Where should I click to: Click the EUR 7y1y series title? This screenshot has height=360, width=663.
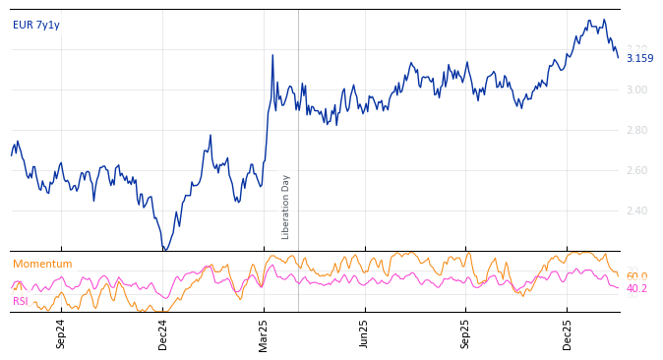(x=36, y=26)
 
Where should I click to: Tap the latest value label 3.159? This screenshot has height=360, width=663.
(x=639, y=58)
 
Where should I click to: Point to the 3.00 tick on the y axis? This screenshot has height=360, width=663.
(x=637, y=90)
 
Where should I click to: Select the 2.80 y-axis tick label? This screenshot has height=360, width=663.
(x=637, y=131)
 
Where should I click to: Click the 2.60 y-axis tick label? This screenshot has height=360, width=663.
(x=637, y=171)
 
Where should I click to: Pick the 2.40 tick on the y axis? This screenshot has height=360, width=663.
(x=637, y=211)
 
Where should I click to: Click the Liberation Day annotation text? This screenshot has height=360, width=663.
(x=286, y=207)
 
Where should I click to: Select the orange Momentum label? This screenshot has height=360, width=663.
(x=42, y=265)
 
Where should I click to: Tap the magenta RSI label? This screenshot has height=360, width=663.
(x=21, y=302)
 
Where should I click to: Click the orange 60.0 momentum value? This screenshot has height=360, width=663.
(x=636, y=277)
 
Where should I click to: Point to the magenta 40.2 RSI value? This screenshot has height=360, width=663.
(x=636, y=289)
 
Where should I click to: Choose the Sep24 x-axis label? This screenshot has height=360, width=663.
(x=61, y=333)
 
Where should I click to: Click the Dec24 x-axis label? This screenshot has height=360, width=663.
(x=163, y=333)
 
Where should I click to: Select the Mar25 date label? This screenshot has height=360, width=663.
(x=265, y=333)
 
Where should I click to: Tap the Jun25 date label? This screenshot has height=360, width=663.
(x=365, y=333)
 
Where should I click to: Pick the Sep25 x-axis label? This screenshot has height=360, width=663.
(x=466, y=333)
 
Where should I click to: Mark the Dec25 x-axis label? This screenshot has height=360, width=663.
(x=568, y=333)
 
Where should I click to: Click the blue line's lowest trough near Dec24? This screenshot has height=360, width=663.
(x=164, y=250)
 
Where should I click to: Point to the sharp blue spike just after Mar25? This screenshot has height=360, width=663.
(x=272, y=55)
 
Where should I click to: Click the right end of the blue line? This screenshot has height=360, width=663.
(x=619, y=57)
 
